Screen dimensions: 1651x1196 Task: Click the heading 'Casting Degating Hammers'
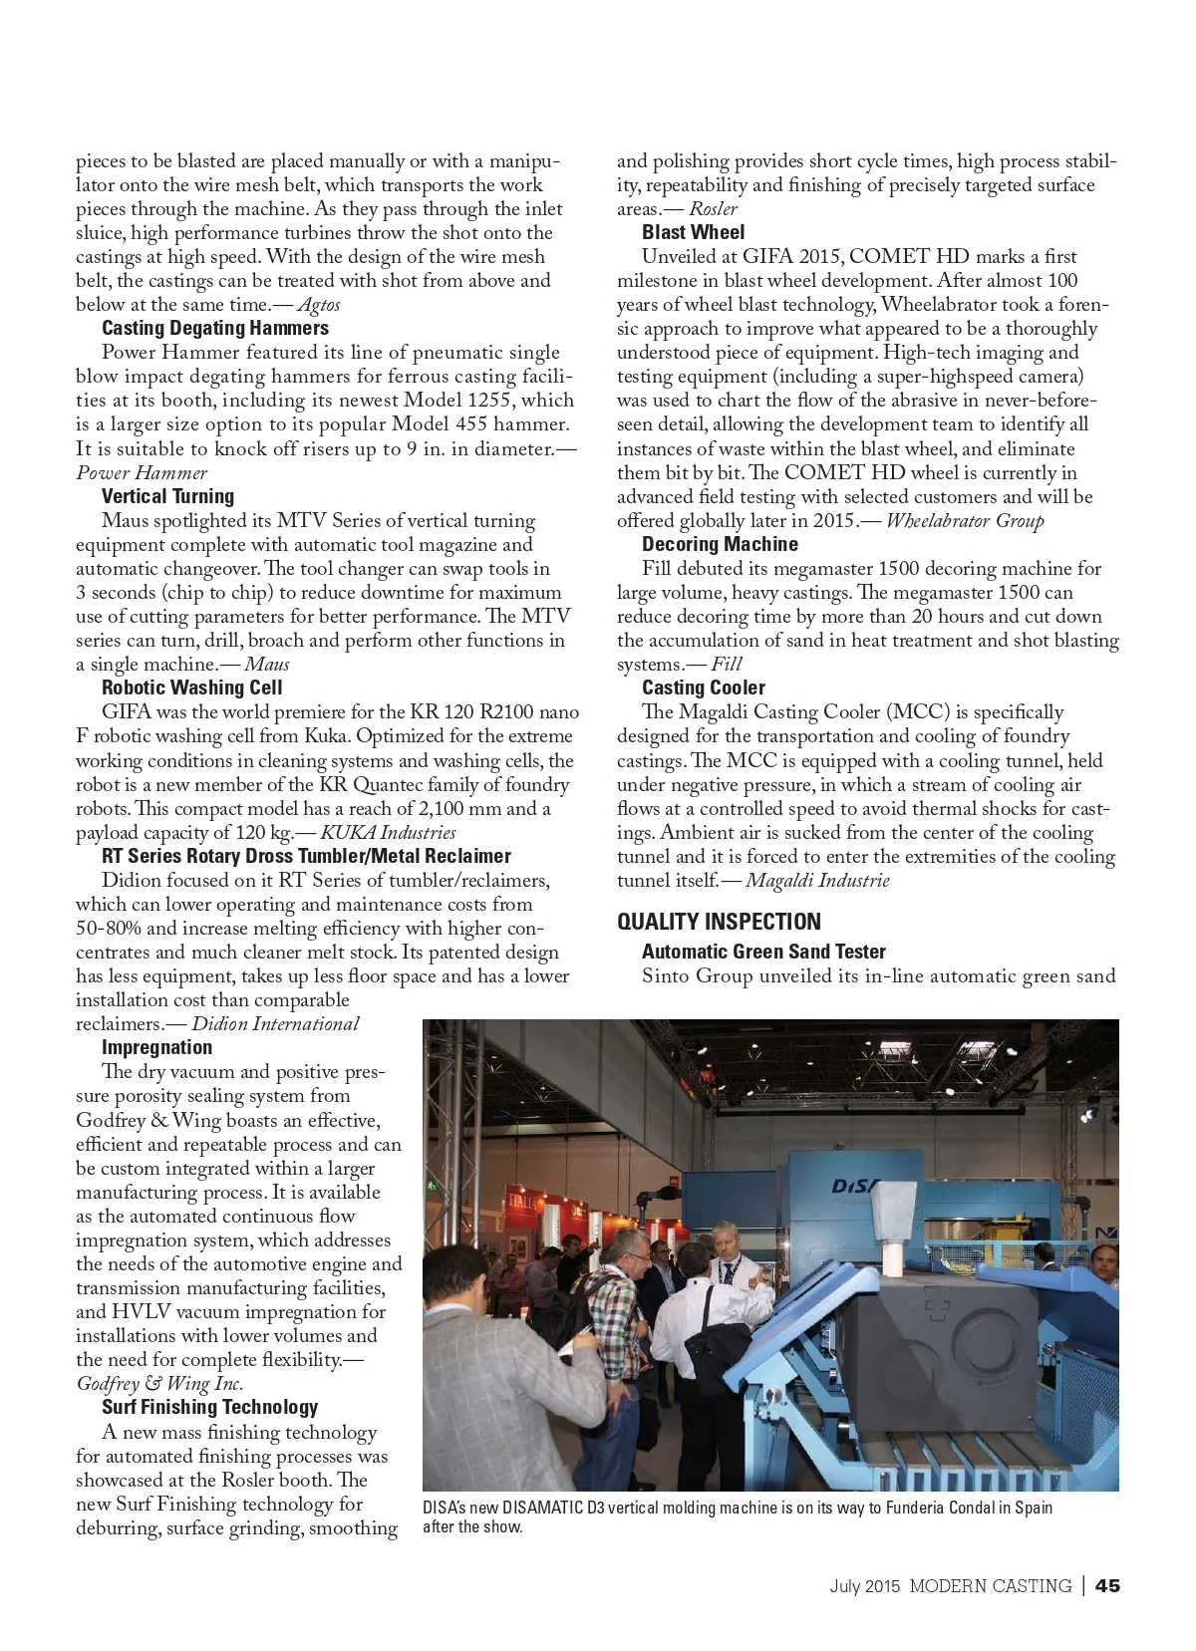[x=214, y=328]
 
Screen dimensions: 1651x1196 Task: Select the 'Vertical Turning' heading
[x=167, y=496]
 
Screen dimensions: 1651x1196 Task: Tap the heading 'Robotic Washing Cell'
[x=191, y=688]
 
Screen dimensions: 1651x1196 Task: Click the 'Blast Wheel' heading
[x=693, y=232]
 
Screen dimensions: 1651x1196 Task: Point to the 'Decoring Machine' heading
[x=720, y=544]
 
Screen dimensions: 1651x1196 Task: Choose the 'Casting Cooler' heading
[x=703, y=688]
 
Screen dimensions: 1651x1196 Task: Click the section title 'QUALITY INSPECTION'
[x=719, y=922]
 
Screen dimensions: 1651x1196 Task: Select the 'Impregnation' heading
[x=156, y=1047]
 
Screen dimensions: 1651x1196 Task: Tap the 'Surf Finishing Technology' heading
[x=209, y=1407]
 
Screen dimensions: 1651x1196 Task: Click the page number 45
[x=1107, y=1585]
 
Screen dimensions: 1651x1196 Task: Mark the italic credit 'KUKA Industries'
[x=388, y=832]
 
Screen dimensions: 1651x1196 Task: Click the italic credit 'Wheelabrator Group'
[x=965, y=520]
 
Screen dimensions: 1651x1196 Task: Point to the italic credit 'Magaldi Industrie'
[x=817, y=880]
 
